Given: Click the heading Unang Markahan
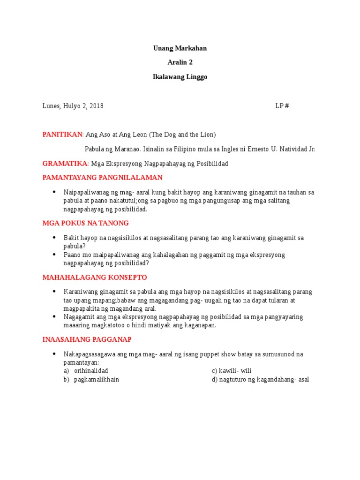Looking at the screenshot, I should click(180, 48).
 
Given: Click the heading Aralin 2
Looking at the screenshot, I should click(180, 63).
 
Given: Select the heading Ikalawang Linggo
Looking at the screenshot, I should click(180, 77).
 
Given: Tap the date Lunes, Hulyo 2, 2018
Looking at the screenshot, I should click(73, 106).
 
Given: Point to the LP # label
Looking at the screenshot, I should click(282, 106).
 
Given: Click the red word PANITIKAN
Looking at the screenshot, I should click(62, 135).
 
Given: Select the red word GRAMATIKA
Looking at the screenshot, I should click(65, 163).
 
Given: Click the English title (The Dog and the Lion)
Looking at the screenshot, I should click(182, 135).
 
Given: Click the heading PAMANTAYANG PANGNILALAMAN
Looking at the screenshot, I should click(102, 178).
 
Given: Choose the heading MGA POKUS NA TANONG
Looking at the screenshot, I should click(85, 223).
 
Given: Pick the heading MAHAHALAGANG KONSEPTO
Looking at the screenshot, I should click(95, 277).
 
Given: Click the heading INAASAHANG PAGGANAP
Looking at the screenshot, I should click(87, 339).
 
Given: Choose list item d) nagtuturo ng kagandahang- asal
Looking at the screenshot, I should click(260, 379).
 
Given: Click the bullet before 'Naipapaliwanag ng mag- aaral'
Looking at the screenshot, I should click(54, 192).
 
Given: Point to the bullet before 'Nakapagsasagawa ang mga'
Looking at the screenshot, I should click(54, 354).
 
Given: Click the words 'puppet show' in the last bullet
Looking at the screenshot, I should click(219, 354).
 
